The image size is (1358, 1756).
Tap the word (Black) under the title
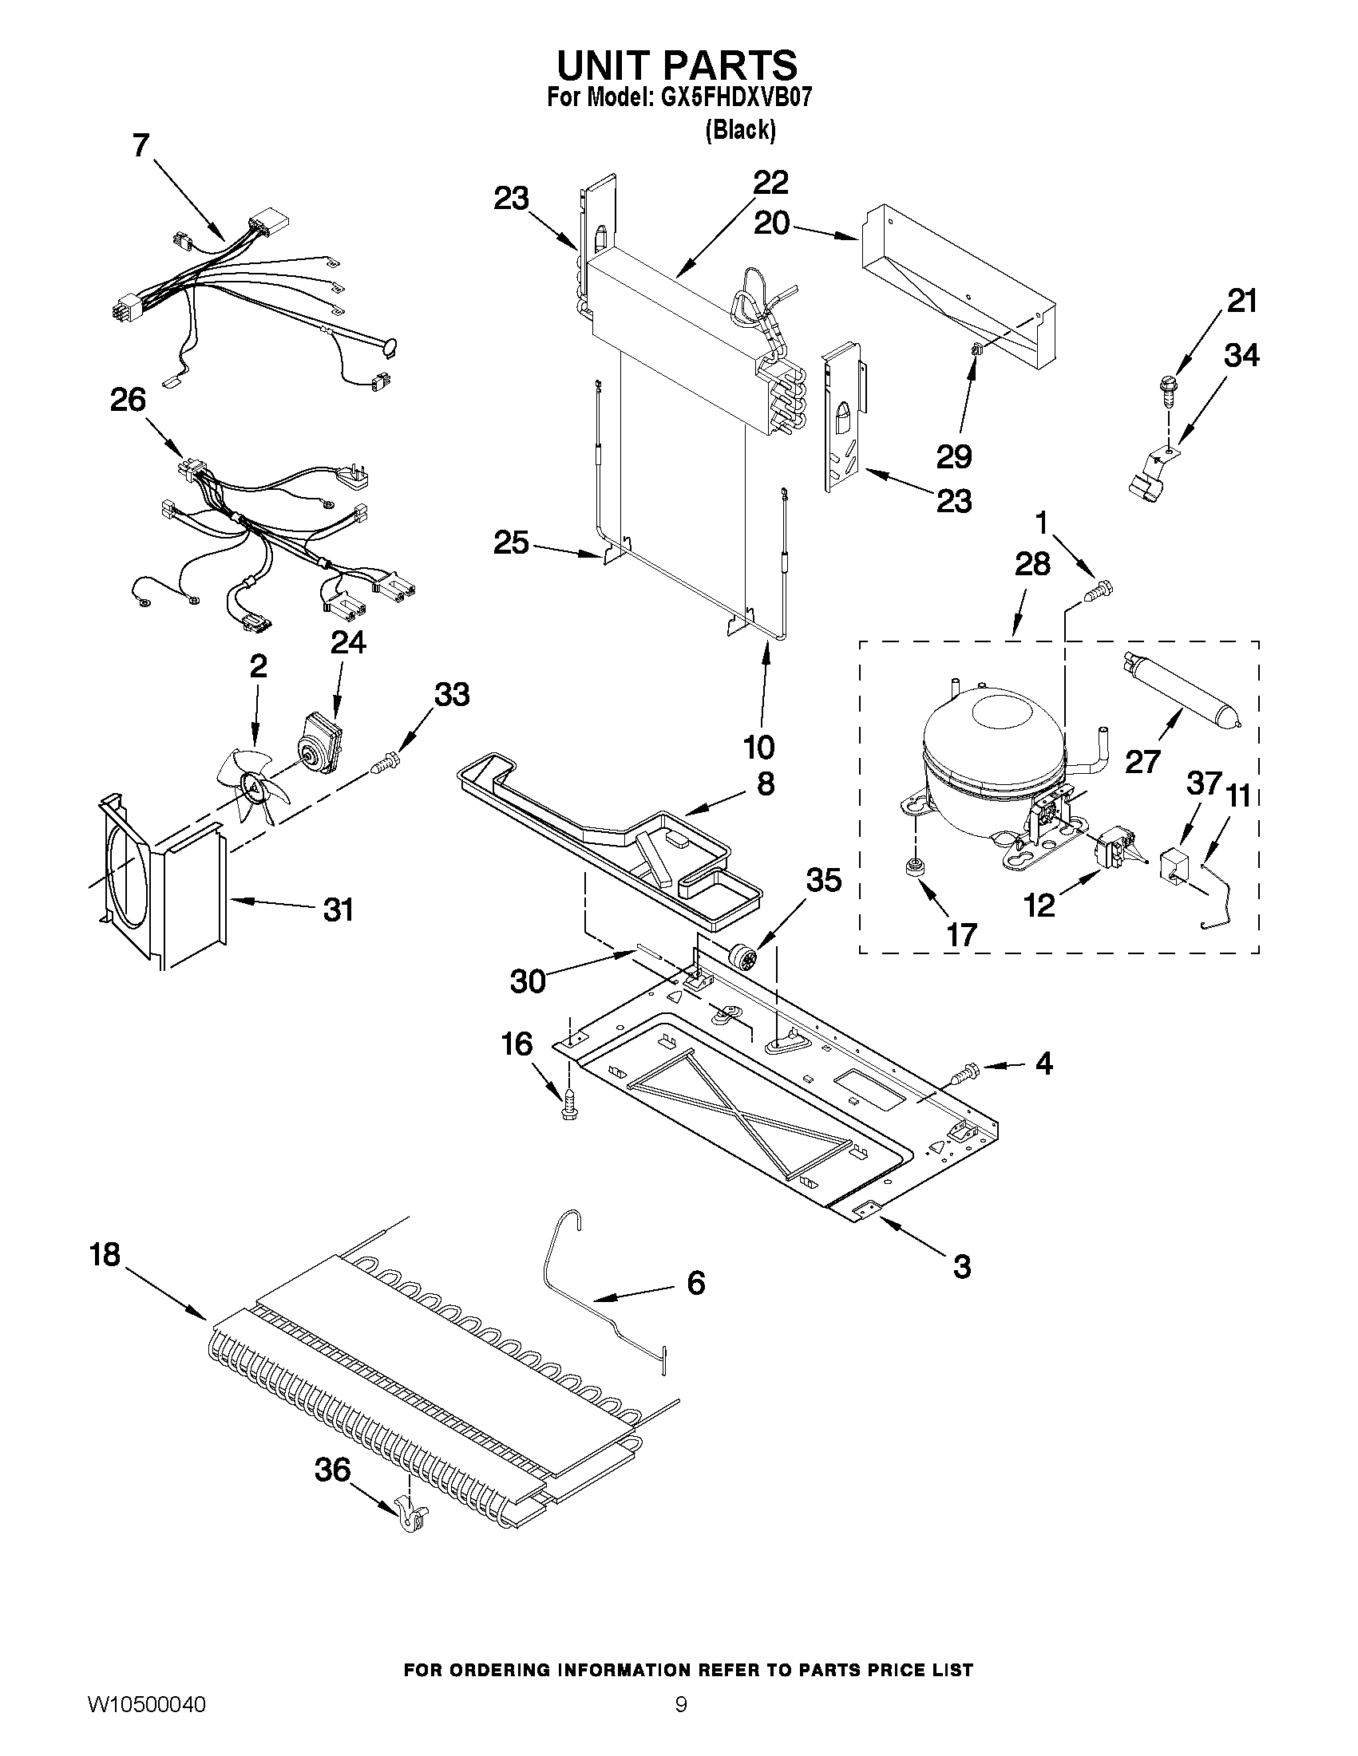(x=740, y=129)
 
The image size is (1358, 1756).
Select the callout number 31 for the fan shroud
(x=338, y=910)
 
